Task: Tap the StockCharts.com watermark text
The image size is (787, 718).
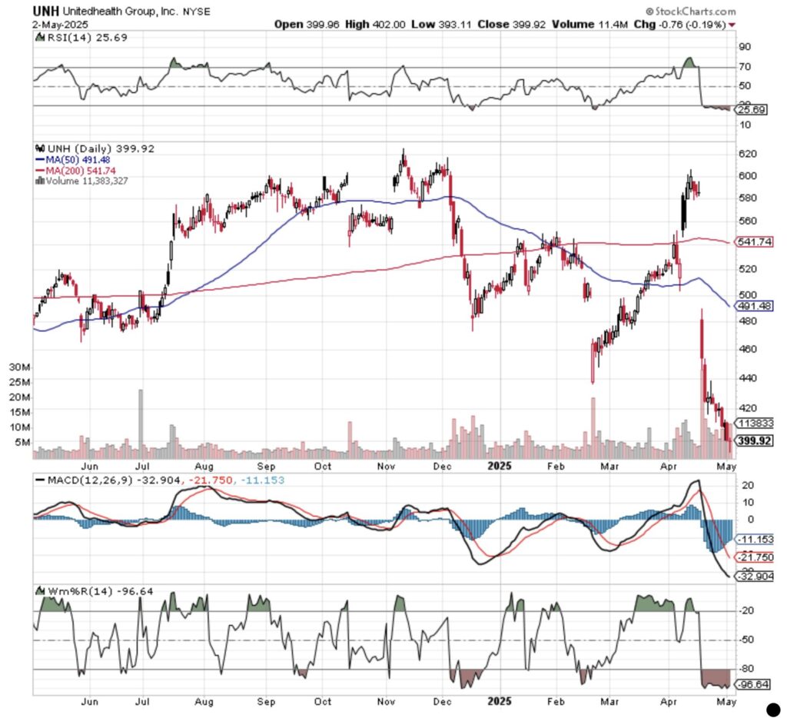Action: (691, 12)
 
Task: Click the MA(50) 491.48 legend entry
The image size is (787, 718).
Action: (80, 160)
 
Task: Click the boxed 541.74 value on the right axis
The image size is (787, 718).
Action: (754, 242)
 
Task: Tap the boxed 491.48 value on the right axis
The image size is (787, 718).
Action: (754, 306)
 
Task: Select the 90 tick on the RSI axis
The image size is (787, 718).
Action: (744, 47)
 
